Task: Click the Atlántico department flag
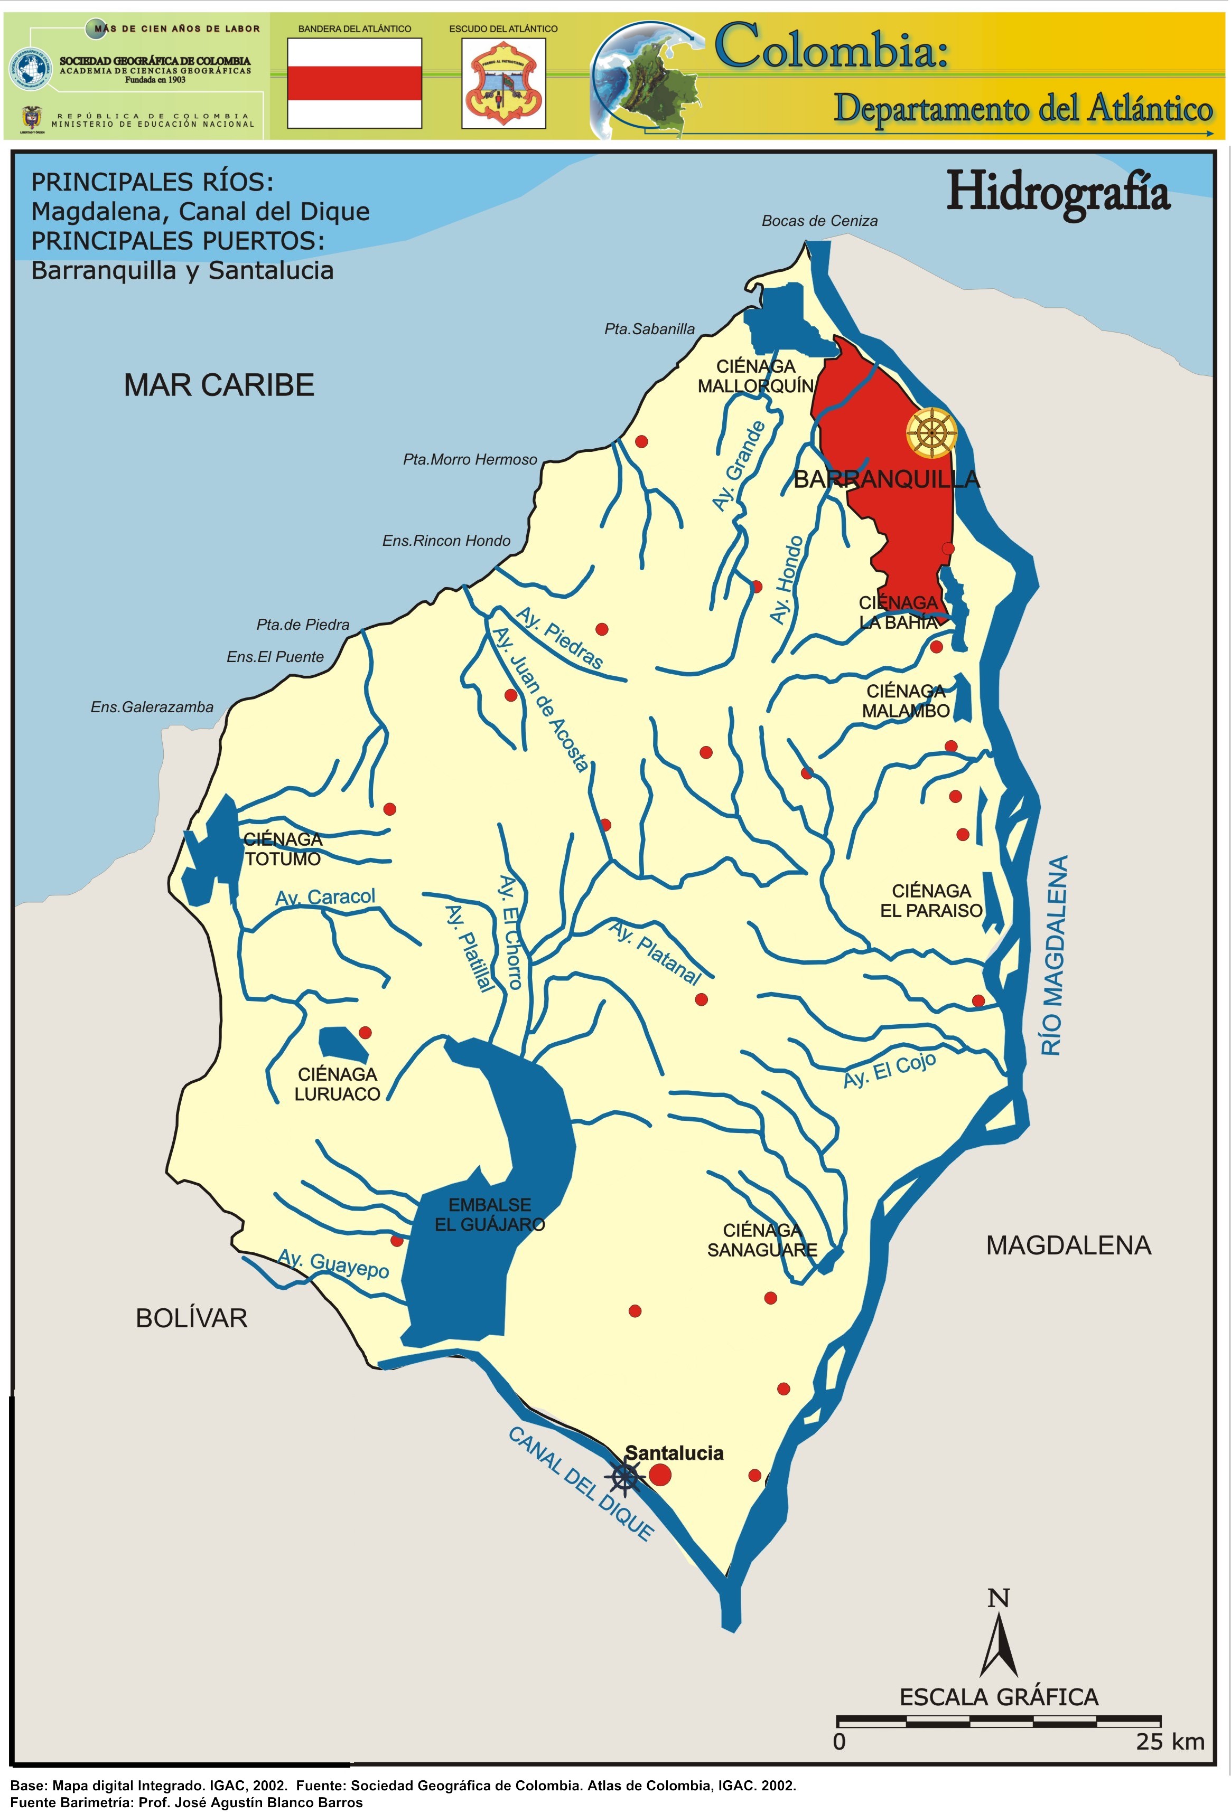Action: (355, 83)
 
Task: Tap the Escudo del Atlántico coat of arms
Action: (503, 83)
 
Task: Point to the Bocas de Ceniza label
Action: (819, 221)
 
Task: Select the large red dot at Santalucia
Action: (659, 1475)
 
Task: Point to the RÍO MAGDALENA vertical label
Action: (1054, 955)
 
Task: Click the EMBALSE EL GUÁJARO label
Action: (489, 1215)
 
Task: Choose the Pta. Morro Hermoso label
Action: (470, 459)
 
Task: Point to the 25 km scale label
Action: (1169, 1742)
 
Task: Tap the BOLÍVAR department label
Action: (191, 1318)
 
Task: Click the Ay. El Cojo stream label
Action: (889, 1070)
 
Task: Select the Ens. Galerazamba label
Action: (152, 707)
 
